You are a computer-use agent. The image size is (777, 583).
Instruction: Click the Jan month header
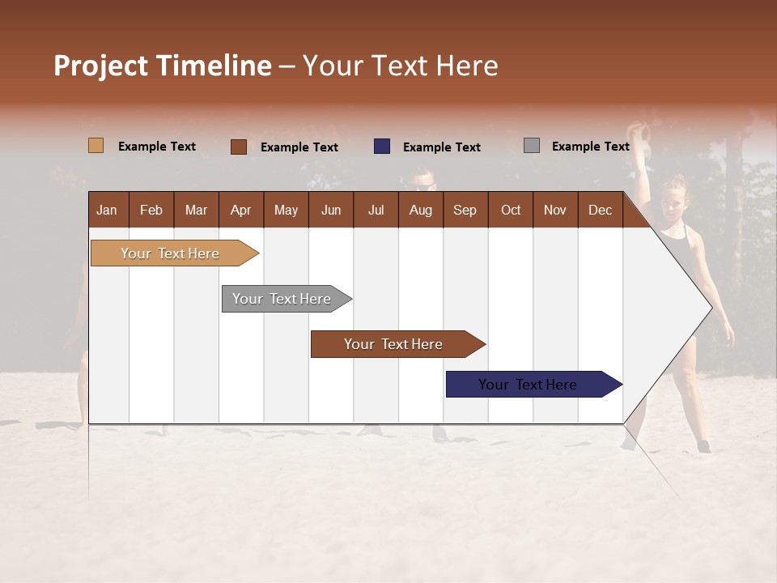(x=107, y=210)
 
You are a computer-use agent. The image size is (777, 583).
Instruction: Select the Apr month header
(x=241, y=210)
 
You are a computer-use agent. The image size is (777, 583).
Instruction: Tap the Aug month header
(x=420, y=210)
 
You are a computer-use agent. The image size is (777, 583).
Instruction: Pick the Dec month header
(x=600, y=210)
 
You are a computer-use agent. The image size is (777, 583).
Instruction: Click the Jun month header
(x=331, y=210)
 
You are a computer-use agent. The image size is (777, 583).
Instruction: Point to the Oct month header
(x=511, y=210)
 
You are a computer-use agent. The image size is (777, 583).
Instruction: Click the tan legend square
(x=96, y=146)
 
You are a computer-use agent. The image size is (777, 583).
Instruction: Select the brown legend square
(x=238, y=147)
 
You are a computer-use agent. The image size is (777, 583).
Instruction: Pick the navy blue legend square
(x=382, y=147)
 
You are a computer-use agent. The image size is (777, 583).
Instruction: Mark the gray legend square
(x=532, y=146)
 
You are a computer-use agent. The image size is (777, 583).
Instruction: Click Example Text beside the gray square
(x=590, y=147)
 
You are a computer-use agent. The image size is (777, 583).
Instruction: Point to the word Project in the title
(x=102, y=66)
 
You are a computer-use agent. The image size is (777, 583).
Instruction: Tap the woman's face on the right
(x=673, y=198)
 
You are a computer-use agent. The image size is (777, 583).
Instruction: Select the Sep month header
(x=465, y=210)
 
